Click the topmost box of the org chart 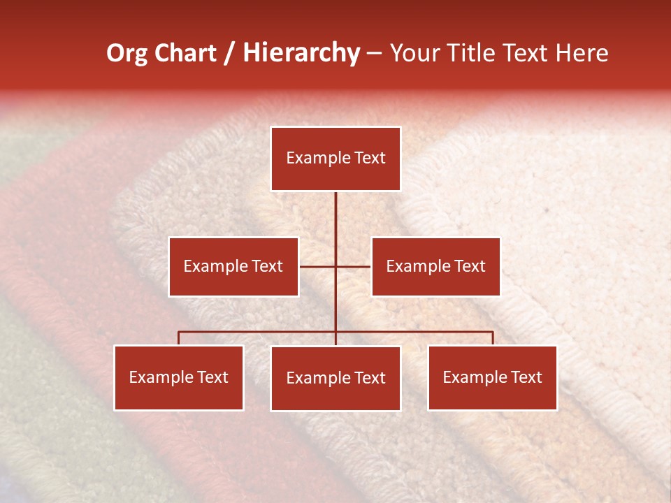[335, 159]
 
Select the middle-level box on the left [233, 266]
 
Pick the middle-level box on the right [435, 266]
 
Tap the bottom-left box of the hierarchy [179, 377]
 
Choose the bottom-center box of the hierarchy [335, 378]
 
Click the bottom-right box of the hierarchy [492, 377]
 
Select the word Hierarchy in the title [301, 53]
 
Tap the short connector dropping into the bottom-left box [179, 338]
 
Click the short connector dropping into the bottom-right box [493, 338]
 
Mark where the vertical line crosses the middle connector [335, 266]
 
